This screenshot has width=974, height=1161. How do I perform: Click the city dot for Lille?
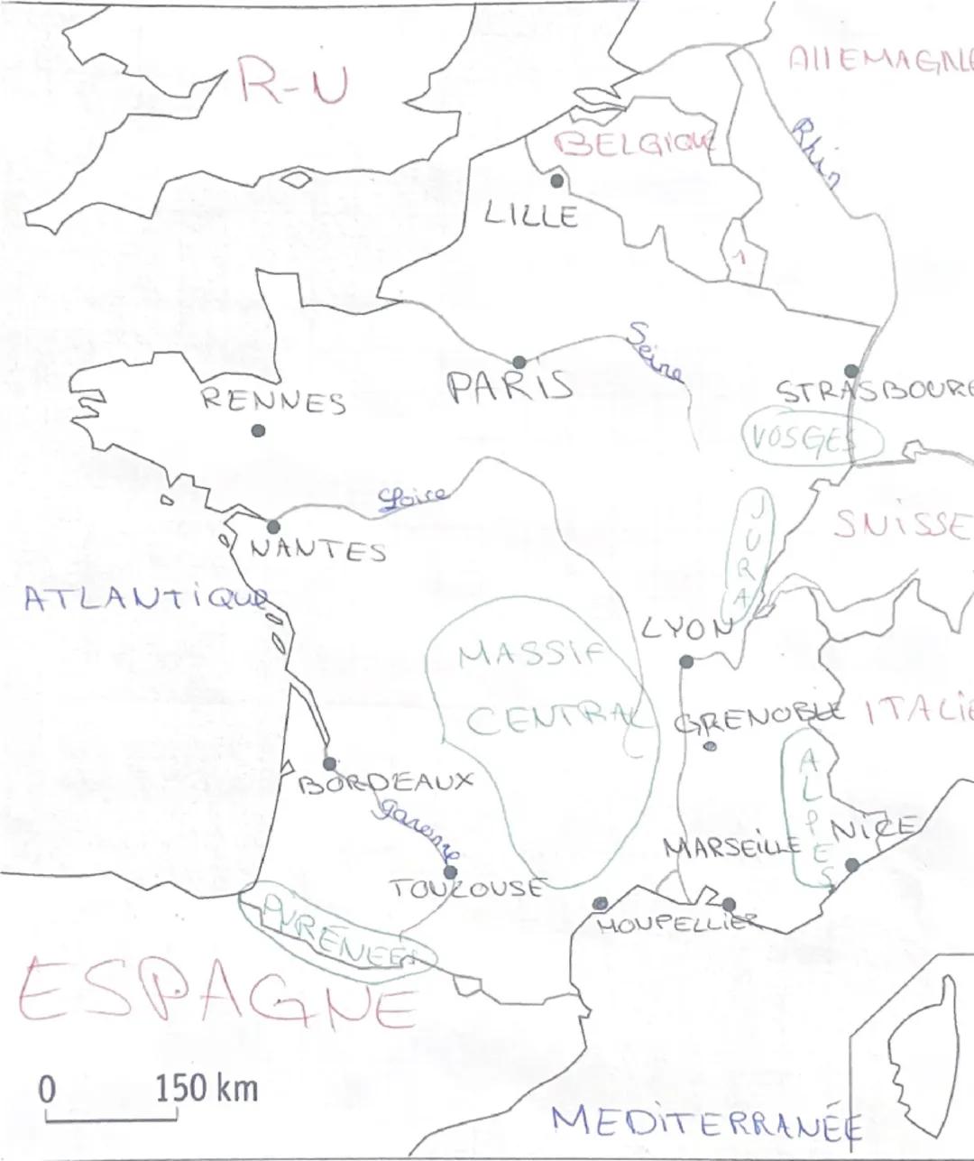(x=556, y=180)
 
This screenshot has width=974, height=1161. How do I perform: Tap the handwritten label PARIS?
(x=510, y=387)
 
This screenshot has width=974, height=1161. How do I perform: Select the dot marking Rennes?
(x=259, y=430)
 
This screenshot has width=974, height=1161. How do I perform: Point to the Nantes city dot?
(x=273, y=526)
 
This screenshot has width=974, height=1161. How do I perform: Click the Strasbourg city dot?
(x=850, y=370)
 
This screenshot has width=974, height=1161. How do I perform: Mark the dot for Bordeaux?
(x=329, y=764)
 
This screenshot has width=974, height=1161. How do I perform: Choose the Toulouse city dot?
(x=451, y=871)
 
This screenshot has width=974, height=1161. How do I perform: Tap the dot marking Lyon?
(x=685, y=661)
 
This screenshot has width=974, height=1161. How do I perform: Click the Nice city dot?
(x=851, y=865)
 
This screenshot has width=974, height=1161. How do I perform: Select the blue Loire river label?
(x=412, y=496)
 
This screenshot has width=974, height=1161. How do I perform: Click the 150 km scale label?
(x=207, y=1089)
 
